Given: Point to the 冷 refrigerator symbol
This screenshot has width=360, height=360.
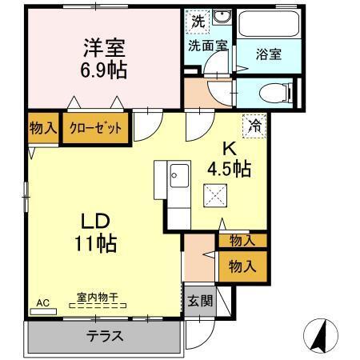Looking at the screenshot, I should coord(254,125).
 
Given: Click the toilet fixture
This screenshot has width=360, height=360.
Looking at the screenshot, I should coord(271,94).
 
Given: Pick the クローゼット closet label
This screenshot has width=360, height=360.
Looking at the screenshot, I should coord(97,127).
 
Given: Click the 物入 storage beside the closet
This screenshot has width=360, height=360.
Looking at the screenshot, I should coord(43,127).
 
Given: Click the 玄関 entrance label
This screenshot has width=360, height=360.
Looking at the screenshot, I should coord(200,302).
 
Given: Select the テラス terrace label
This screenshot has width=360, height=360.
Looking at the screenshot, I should coord(105,336).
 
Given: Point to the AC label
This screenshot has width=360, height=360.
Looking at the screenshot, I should coord(43,302).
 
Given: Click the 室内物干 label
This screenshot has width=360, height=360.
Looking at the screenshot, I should coord(98,297).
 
